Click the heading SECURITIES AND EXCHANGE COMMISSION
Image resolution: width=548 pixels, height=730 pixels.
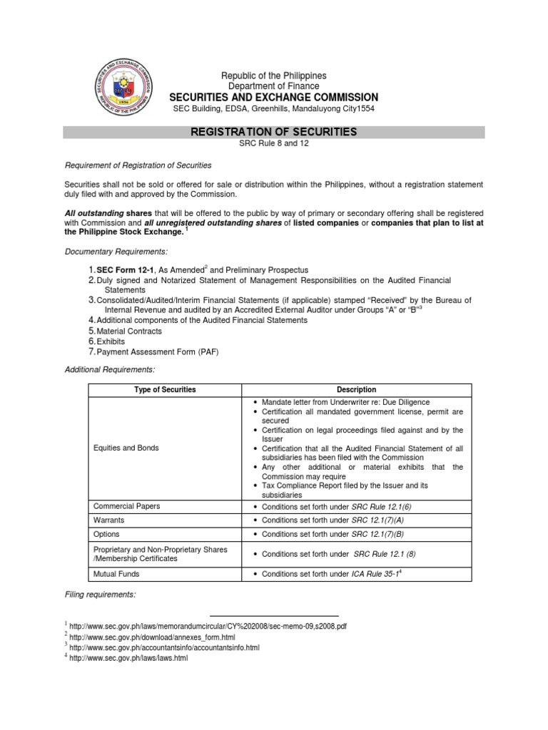[273, 97]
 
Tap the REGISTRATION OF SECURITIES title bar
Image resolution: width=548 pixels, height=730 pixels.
[273, 133]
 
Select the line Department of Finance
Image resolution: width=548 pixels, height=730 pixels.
[273, 86]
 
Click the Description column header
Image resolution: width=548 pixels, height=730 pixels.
[357, 390]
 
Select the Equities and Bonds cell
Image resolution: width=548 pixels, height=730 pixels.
[126, 448]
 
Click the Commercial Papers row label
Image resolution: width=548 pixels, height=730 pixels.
[127, 506]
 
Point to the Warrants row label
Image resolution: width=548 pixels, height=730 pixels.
[110, 520]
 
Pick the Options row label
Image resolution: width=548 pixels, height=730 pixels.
[107, 534]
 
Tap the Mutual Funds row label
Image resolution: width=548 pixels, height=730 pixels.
[117, 573]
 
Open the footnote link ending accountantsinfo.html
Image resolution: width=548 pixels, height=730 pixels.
[164, 647]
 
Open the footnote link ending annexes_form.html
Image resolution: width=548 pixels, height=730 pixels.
[154, 637]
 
